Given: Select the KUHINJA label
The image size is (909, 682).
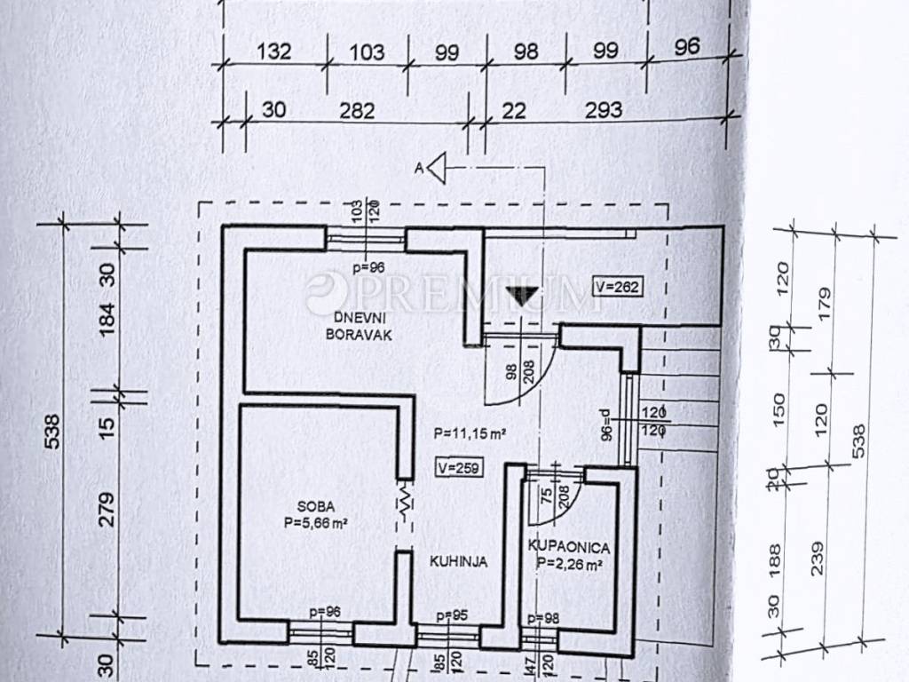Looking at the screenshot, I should point(458,561).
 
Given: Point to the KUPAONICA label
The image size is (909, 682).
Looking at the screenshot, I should point(568,545).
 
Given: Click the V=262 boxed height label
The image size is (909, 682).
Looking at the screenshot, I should point(616,288).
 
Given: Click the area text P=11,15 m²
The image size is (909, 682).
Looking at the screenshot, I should point(470,434).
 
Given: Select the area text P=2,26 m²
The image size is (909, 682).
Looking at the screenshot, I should point(571,563).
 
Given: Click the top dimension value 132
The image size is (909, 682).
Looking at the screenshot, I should point(273,52).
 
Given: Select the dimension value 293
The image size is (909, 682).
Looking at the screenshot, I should point(602,110).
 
